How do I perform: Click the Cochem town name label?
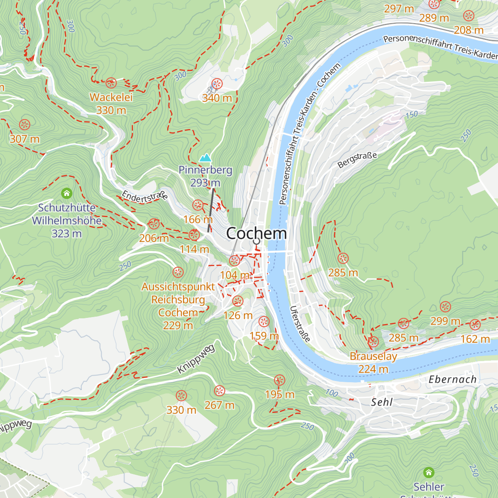[256, 233]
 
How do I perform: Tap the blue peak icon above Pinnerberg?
[205, 158]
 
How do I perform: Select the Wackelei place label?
[111, 98]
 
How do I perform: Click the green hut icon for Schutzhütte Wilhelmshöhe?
[66, 193]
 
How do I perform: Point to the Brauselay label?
[373, 356]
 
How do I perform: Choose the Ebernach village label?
[452, 379]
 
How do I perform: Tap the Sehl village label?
[381, 402]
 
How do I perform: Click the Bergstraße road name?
[357, 160]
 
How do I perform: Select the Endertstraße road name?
[144, 196]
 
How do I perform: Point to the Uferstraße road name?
[300, 324]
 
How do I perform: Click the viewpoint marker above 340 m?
[217, 84]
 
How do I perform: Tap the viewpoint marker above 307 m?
[24, 124]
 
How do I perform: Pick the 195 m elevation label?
[280, 394]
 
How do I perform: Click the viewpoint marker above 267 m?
[219, 391]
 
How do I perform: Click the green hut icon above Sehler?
[429, 472]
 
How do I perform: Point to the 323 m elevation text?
[66, 234]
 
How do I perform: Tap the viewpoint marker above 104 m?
[234, 261]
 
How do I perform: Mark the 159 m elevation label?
[264, 336]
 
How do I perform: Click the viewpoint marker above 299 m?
[445, 307]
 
